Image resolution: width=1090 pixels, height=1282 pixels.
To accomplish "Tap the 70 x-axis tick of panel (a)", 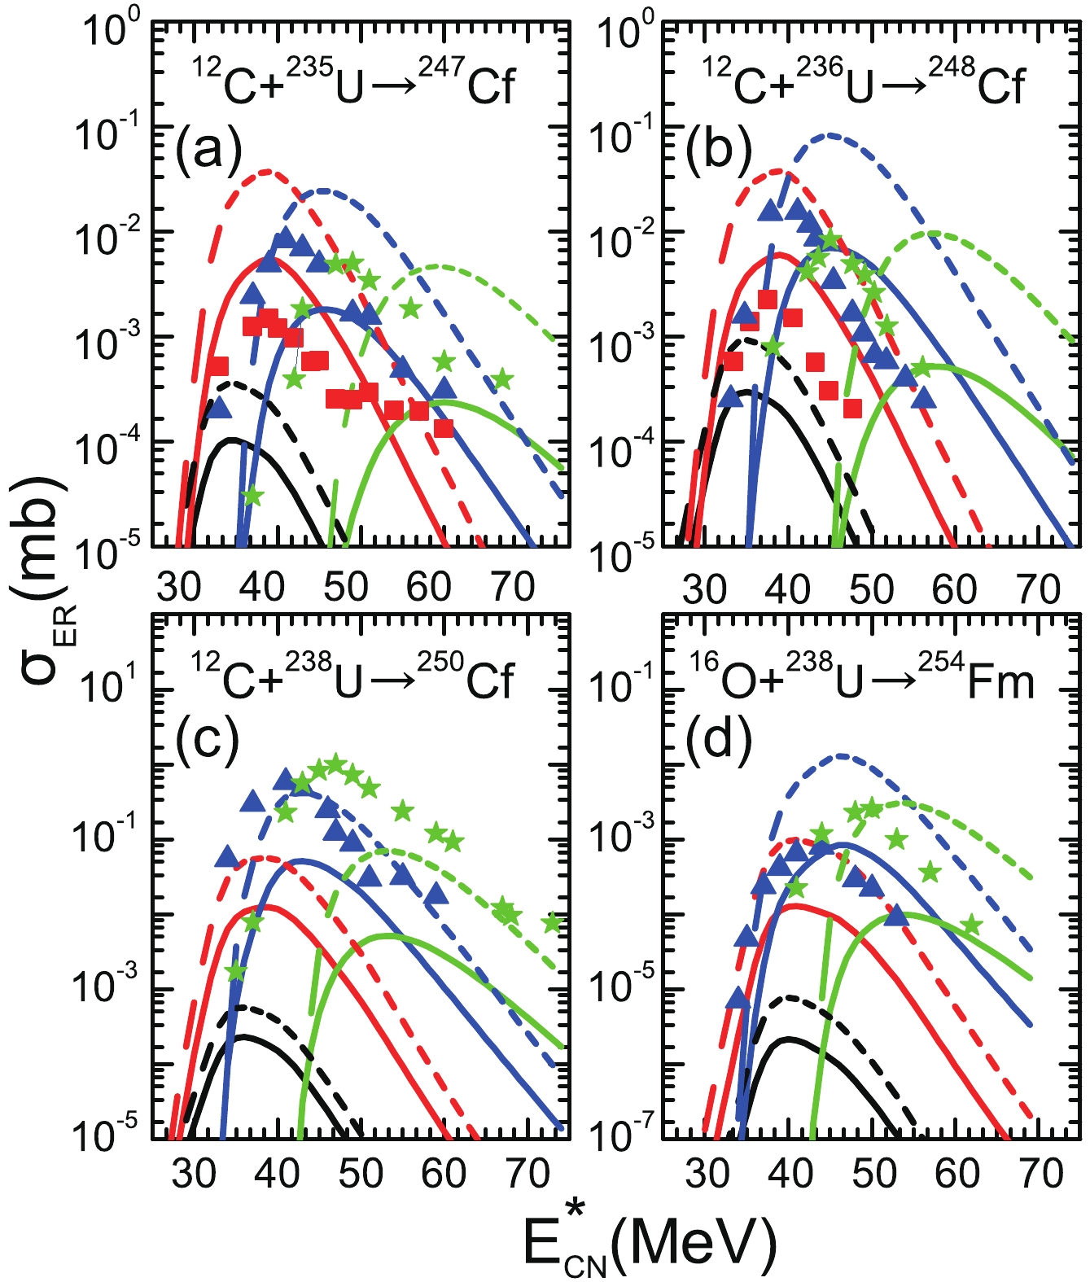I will [x=514, y=587].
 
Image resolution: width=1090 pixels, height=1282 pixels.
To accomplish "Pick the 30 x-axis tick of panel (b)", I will [x=704, y=587].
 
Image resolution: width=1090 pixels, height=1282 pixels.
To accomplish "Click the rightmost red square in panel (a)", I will [x=444, y=428].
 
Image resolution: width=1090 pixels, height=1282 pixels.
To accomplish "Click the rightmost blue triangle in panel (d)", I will [x=896, y=916].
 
